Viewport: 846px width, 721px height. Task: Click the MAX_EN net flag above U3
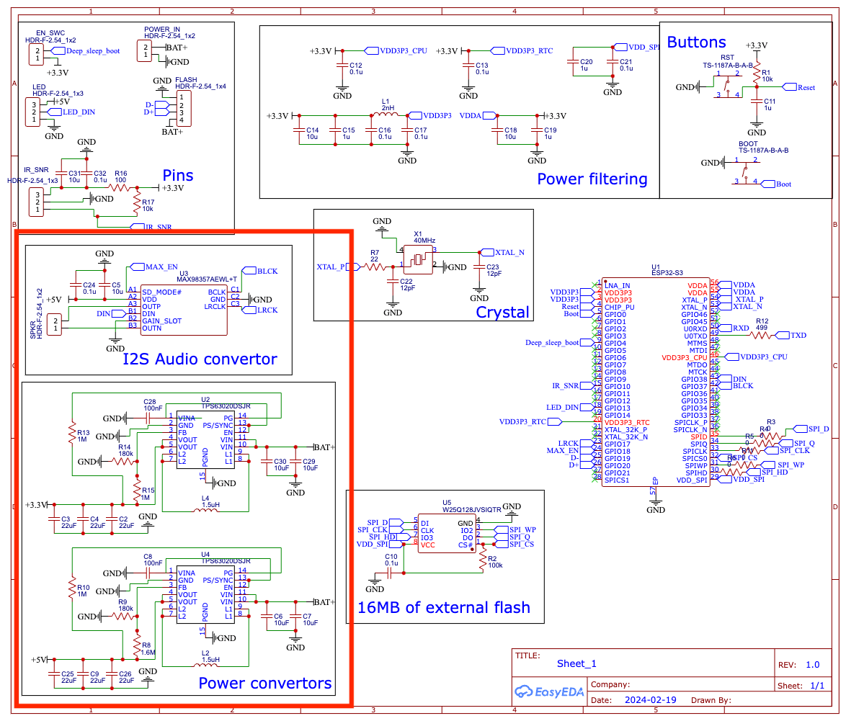[161, 267]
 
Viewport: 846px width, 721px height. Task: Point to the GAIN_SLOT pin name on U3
[162, 321]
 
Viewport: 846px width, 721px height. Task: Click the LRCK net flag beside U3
[264, 310]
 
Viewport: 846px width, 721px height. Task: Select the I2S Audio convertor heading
[200, 359]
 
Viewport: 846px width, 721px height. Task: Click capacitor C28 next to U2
[150, 417]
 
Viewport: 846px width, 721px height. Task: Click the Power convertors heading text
[264, 683]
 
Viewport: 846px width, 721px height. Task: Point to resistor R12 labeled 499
[762, 335]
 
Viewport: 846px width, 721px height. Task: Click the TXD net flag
[798, 335]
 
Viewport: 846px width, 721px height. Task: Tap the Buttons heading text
[696, 42]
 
